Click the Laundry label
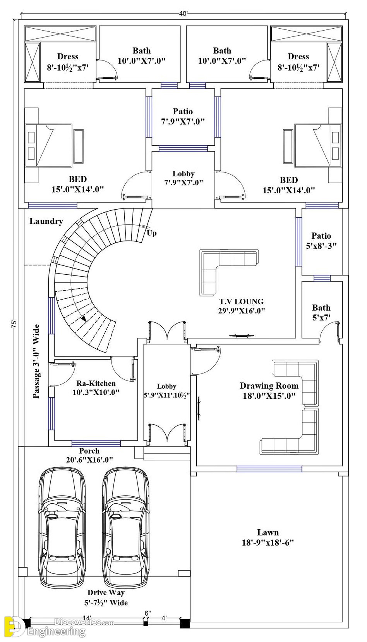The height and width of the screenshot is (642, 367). tap(46, 221)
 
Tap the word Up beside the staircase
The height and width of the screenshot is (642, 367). tap(152, 233)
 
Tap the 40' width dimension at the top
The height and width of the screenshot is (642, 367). tap(183, 14)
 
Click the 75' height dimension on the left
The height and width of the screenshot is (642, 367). tap(14, 324)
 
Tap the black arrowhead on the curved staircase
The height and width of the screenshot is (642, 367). tap(84, 318)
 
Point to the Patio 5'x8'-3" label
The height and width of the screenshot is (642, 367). tap(321, 241)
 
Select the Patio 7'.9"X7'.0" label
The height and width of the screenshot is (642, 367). tap(183, 116)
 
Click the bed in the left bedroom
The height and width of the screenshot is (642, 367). tap(48, 145)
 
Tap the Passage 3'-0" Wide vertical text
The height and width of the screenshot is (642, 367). tap(36, 361)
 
